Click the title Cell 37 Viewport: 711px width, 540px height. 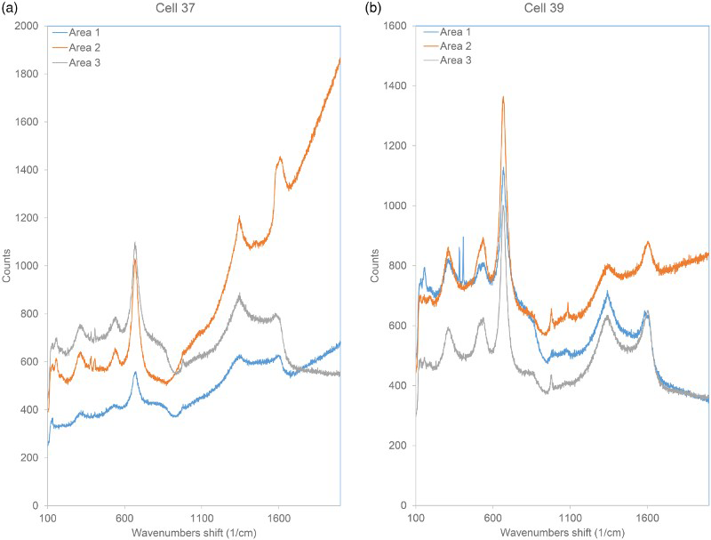click(175, 8)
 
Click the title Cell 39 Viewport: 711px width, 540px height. click(544, 8)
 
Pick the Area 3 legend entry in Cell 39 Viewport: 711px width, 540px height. click(447, 60)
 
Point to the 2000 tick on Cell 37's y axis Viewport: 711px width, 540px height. click(27, 26)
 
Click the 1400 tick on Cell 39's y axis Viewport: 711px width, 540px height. click(395, 85)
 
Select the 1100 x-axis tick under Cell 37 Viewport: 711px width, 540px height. click(202, 519)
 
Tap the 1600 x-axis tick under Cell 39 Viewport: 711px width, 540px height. click(647, 519)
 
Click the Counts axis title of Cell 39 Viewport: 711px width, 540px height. click(374, 265)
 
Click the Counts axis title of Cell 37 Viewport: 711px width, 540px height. click(6, 265)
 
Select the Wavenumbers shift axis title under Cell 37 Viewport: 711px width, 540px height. click(194, 532)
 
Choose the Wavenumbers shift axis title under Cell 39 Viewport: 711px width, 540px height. click(563, 532)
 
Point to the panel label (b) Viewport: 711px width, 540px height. click(373, 8)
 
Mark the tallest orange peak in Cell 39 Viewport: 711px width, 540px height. click(503, 97)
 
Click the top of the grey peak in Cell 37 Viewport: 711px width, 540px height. click(135, 243)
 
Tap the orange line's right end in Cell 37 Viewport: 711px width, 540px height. click(340, 59)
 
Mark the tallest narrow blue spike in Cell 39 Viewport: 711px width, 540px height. click(463, 238)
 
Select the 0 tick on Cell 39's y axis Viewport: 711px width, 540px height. click(404, 505)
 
